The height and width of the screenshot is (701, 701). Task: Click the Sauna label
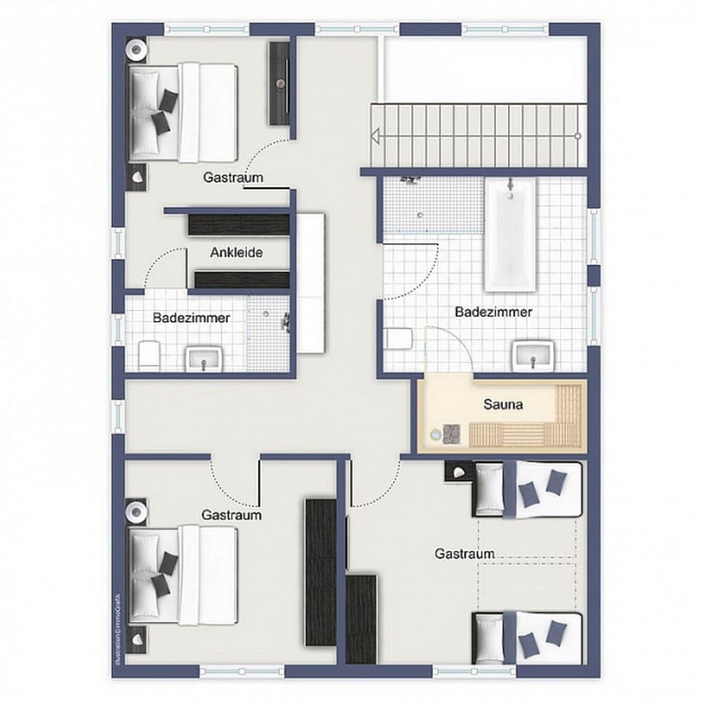click(503, 404)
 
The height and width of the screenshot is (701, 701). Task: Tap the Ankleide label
click(236, 253)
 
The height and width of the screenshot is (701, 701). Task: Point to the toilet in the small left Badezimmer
click(148, 353)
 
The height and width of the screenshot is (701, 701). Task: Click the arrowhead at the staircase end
click(378, 136)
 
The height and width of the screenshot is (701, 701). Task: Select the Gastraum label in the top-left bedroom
click(233, 177)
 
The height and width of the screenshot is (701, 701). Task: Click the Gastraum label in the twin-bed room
click(464, 554)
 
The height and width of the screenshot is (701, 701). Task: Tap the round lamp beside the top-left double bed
click(137, 50)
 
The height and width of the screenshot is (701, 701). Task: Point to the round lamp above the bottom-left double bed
click(137, 511)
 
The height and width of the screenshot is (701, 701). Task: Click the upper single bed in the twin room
click(528, 489)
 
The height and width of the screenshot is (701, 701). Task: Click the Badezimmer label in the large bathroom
click(494, 312)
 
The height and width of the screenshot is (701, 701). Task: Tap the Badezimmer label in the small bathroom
click(191, 318)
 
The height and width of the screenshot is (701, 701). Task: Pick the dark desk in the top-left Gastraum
click(280, 83)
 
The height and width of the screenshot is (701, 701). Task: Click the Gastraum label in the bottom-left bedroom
click(231, 515)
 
